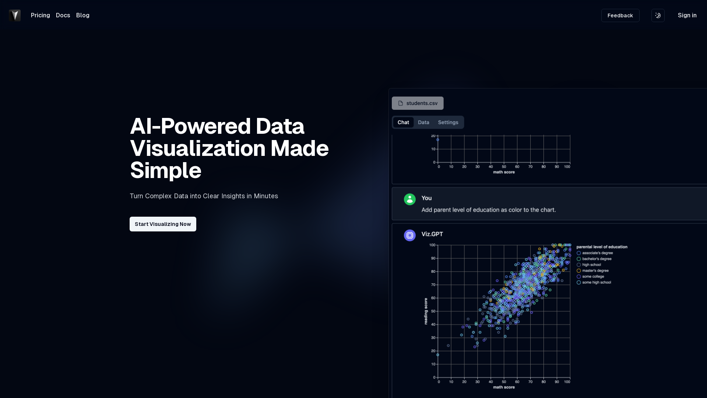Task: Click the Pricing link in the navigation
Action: click(41, 15)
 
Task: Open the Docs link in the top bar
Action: click(63, 15)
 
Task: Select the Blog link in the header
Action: click(83, 15)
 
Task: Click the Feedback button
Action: click(620, 15)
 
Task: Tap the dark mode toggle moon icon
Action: click(658, 15)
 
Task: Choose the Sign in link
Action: click(687, 15)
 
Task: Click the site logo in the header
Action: click(15, 15)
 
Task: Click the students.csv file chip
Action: click(418, 103)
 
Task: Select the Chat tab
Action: click(403, 122)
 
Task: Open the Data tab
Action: click(423, 122)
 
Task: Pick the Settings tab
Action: click(448, 122)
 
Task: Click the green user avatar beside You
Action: click(410, 199)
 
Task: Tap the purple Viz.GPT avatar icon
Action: click(410, 235)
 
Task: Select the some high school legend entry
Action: click(594, 283)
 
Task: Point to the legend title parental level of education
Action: click(602, 247)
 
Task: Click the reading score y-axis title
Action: click(426, 311)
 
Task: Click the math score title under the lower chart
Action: click(504, 387)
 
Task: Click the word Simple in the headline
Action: click(166, 171)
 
